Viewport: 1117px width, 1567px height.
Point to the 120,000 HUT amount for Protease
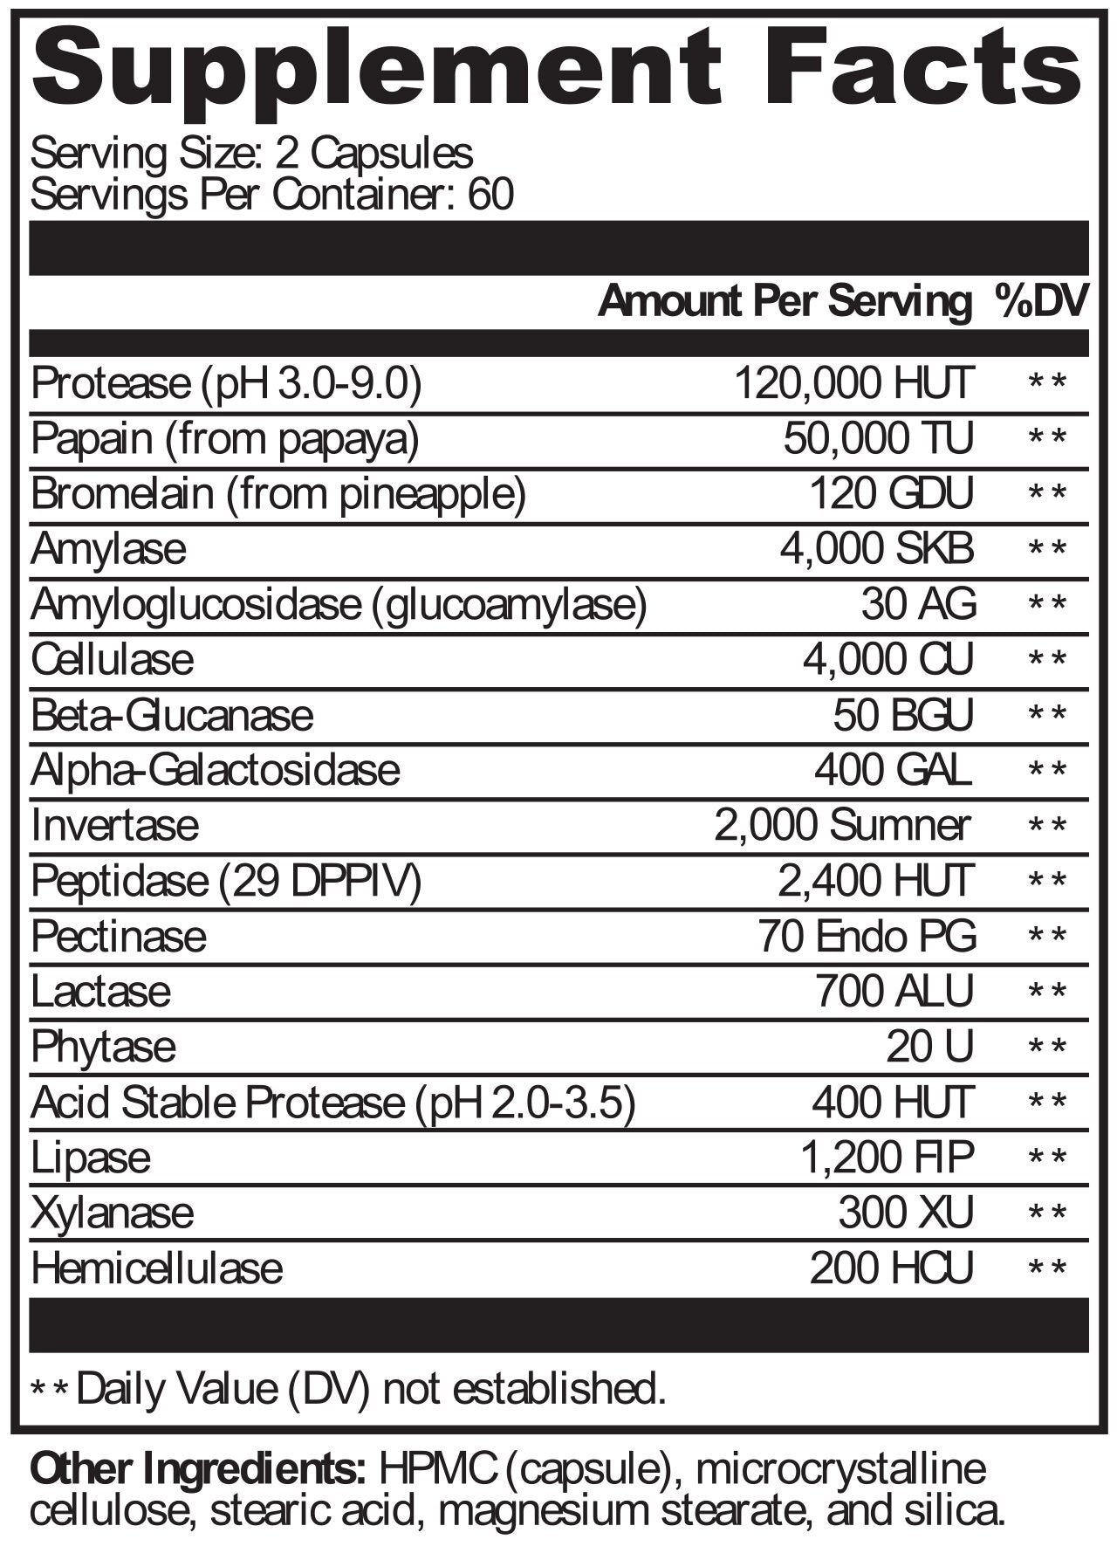pos(853,383)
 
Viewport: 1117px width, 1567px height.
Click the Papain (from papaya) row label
pos(225,439)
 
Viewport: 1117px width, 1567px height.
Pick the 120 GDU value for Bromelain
pos(891,494)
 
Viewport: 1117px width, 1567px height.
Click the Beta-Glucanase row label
pos(172,715)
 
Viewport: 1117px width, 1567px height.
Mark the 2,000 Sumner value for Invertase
pos(842,825)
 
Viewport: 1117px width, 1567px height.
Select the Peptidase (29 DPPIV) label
pos(226,881)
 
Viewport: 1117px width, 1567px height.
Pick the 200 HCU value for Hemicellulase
pos(891,1268)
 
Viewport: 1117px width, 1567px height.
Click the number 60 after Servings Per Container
pos(491,194)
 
